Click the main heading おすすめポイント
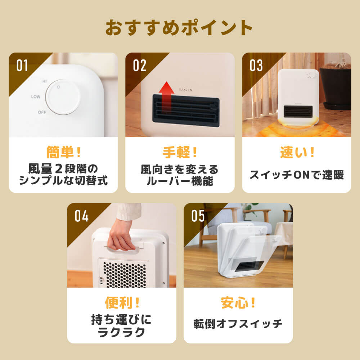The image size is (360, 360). [x=179, y=28]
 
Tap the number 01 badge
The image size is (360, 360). [x=22, y=66]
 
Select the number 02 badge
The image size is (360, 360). [x=140, y=66]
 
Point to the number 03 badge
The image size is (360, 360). [x=256, y=66]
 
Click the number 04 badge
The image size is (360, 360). [x=81, y=216]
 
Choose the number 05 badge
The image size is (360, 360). [x=198, y=216]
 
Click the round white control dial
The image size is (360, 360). [x=63, y=97]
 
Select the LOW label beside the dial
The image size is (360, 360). [x=36, y=97]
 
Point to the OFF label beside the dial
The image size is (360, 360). [x=42, y=112]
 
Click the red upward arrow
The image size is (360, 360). [x=166, y=96]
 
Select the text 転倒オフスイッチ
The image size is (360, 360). [x=238, y=324]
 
